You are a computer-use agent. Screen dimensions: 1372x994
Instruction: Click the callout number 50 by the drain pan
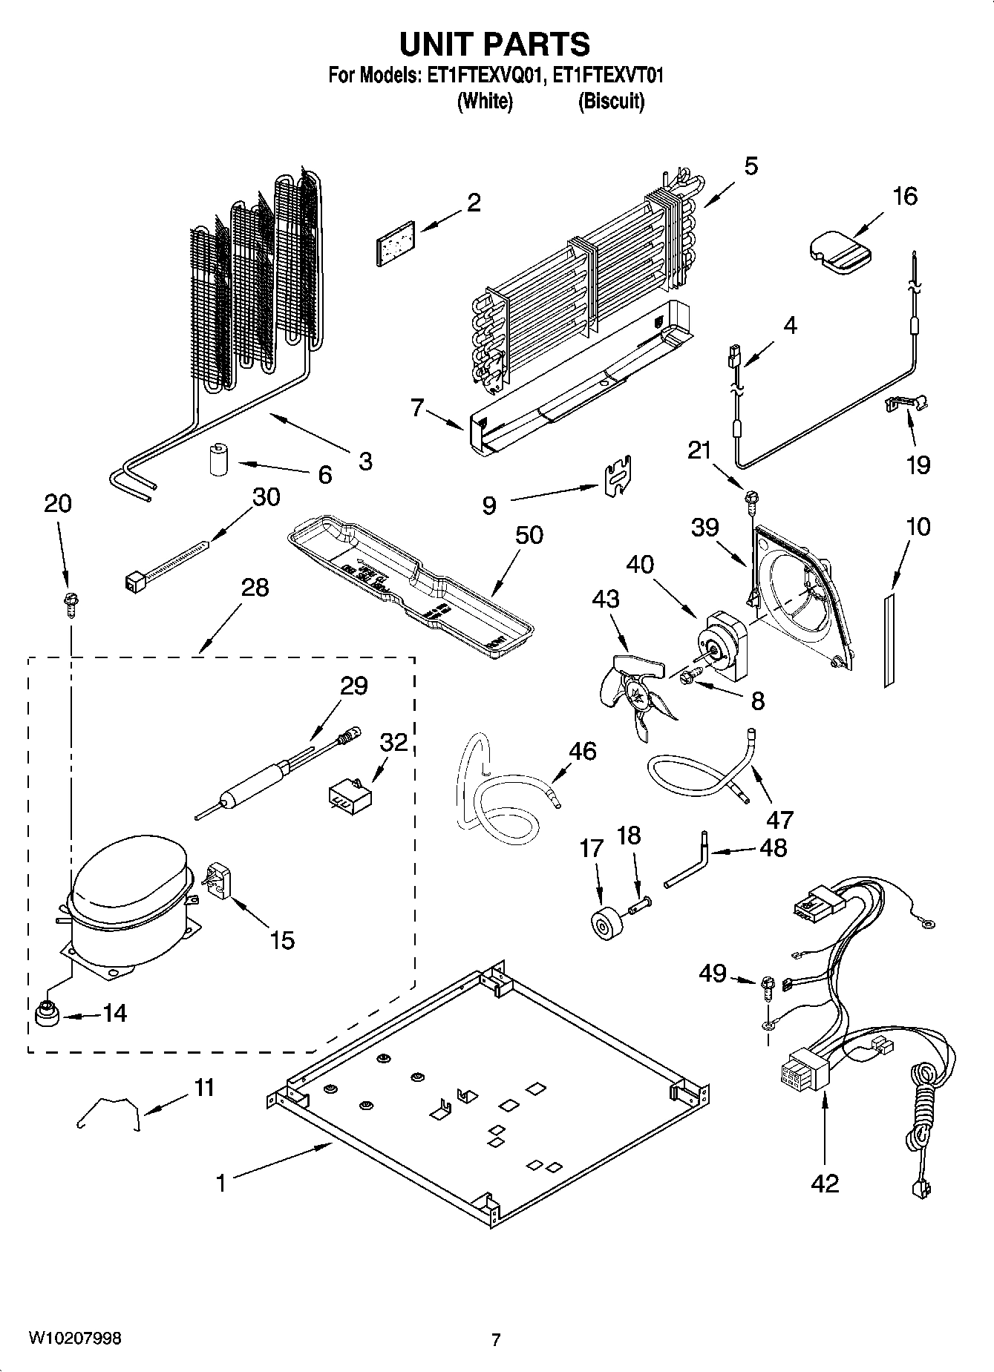(529, 535)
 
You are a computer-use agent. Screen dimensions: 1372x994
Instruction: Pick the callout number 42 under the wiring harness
(824, 1182)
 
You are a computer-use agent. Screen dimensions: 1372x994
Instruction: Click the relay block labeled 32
(350, 795)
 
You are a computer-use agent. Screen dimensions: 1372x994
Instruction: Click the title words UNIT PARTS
(495, 44)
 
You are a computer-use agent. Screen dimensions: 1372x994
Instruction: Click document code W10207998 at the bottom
(74, 1339)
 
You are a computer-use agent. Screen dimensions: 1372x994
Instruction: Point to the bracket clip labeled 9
(618, 475)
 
